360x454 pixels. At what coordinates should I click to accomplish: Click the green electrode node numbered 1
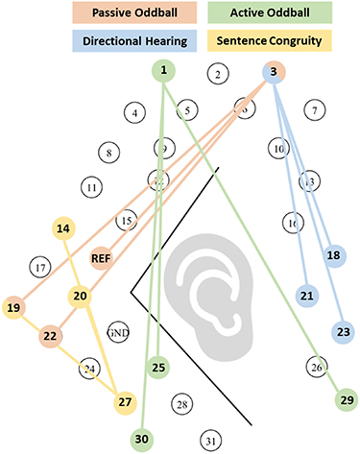(x=165, y=70)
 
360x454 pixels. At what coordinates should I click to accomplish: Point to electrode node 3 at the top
(x=273, y=70)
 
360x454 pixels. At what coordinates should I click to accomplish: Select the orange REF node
(x=102, y=257)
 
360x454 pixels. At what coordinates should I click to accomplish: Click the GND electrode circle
(x=118, y=328)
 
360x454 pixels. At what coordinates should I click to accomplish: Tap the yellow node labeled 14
(x=63, y=228)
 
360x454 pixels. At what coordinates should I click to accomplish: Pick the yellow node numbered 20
(x=80, y=297)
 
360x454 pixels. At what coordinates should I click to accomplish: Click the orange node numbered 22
(x=50, y=336)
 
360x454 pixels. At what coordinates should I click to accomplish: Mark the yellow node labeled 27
(x=122, y=401)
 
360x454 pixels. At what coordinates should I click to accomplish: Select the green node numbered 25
(x=159, y=366)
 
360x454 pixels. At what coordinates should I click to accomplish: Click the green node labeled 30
(x=143, y=439)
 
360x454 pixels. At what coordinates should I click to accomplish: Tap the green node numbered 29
(x=347, y=398)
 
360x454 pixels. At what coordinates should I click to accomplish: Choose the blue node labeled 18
(x=333, y=256)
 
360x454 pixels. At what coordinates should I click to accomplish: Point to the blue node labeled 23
(x=345, y=332)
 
